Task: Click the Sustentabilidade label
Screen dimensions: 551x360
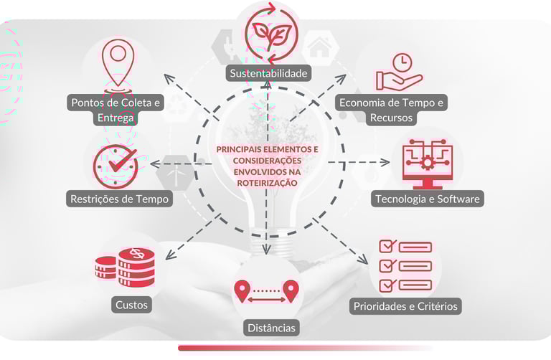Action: [x=269, y=73]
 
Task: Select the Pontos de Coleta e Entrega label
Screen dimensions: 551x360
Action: [x=116, y=110]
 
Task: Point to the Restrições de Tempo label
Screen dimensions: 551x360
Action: [x=121, y=199]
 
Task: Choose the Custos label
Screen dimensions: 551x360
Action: [x=131, y=305]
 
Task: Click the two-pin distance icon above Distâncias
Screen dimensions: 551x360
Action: [x=265, y=290]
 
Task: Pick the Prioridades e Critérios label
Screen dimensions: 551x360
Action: [x=405, y=306]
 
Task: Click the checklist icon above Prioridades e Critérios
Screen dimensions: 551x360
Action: [x=405, y=265]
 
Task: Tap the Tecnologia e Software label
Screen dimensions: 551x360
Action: [x=427, y=199]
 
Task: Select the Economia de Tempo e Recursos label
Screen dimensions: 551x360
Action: [x=392, y=110]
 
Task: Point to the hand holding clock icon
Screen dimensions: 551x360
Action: [x=398, y=71]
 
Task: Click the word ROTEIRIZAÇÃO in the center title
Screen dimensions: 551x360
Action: [x=267, y=184]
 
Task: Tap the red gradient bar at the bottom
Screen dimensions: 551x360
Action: [x=305, y=349]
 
